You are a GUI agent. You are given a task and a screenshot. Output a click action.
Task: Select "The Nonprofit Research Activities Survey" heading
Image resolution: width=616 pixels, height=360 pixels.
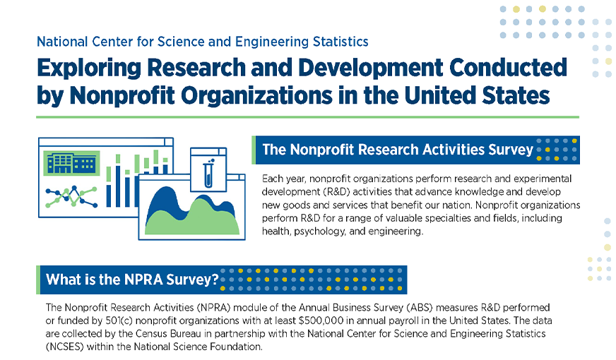click(x=397, y=150)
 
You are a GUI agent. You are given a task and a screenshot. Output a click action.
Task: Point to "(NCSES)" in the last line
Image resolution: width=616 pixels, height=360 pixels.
click(x=65, y=347)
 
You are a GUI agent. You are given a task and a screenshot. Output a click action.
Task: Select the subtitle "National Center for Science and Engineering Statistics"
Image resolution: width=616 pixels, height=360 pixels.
click(x=203, y=42)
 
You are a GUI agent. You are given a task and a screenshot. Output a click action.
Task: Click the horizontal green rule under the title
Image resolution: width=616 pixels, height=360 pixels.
click(x=308, y=116)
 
